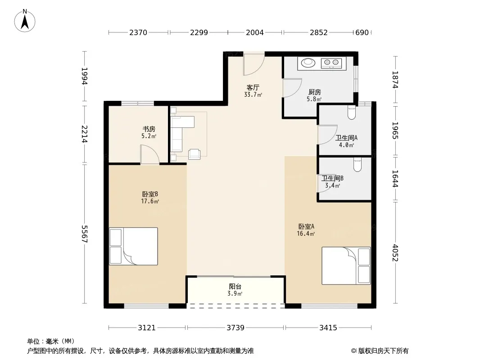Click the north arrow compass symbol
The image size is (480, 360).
[x=25, y=21]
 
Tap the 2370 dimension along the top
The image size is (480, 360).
[x=138, y=32]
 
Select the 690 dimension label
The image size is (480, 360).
[x=362, y=32]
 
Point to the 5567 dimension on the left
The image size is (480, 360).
[x=85, y=234]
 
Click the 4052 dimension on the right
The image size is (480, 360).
[x=395, y=252]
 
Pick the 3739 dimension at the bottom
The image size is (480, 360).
[x=235, y=328]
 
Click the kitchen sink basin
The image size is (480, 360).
[x=308, y=63]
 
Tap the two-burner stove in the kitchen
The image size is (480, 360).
[x=331, y=63]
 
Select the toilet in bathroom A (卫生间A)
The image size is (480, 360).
[x=351, y=112]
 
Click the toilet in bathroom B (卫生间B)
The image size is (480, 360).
[x=357, y=165]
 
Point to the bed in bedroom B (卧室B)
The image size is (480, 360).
[x=133, y=246]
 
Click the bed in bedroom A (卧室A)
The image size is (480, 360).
[x=346, y=266]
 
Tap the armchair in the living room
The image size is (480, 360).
[x=195, y=154]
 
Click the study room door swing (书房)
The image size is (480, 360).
[x=149, y=155]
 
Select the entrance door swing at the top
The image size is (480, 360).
[x=254, y=64]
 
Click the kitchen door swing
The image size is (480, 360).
[x=292, y=88]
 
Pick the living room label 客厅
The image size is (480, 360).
[x=253, y=88]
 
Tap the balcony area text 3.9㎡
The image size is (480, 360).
[x=235, y=294]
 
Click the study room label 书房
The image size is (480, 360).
[x=149, y=129]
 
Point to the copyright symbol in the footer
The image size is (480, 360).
[x=353, y=351]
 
